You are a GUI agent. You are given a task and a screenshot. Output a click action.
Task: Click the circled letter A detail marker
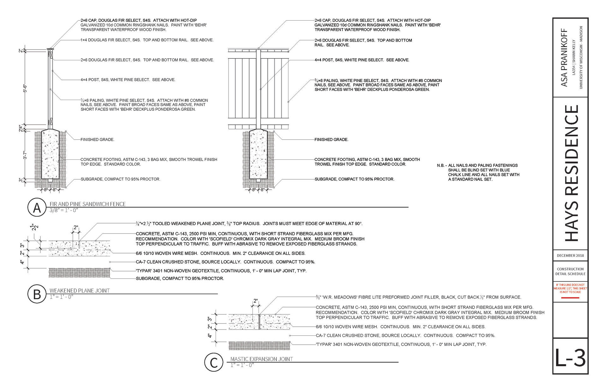pos(37,208)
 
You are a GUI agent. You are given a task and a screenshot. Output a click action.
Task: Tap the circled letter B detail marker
pos(37,294)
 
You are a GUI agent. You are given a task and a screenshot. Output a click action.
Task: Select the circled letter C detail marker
pos(214,362)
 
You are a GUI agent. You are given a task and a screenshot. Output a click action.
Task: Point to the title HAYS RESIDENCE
pos(571,173)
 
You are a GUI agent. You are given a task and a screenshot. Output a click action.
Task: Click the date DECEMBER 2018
pos(570,256)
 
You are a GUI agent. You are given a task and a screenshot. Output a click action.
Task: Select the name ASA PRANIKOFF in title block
pos(564,58)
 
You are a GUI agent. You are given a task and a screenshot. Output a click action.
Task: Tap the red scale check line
pos(570,298)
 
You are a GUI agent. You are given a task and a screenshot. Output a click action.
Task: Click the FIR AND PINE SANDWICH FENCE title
pos(87,204)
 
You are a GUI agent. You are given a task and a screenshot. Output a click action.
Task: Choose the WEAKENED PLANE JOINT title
pos(80,291)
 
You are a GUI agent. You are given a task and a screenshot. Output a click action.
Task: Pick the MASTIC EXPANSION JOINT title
pos(261,359)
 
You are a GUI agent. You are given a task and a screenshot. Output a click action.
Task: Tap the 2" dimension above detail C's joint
pos(256,301)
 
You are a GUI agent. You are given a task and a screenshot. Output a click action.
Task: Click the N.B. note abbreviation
pos(441,165)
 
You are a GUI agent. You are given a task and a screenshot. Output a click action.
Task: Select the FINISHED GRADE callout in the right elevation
pos(331,140)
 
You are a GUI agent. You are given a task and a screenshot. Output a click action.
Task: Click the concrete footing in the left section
pos(50,155)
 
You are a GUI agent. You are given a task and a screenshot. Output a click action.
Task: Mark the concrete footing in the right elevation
pos(258,155)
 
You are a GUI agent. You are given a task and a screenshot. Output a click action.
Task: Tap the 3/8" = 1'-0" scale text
pos(64,211)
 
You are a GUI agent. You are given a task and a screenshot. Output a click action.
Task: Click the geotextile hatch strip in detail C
pos(259,346)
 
